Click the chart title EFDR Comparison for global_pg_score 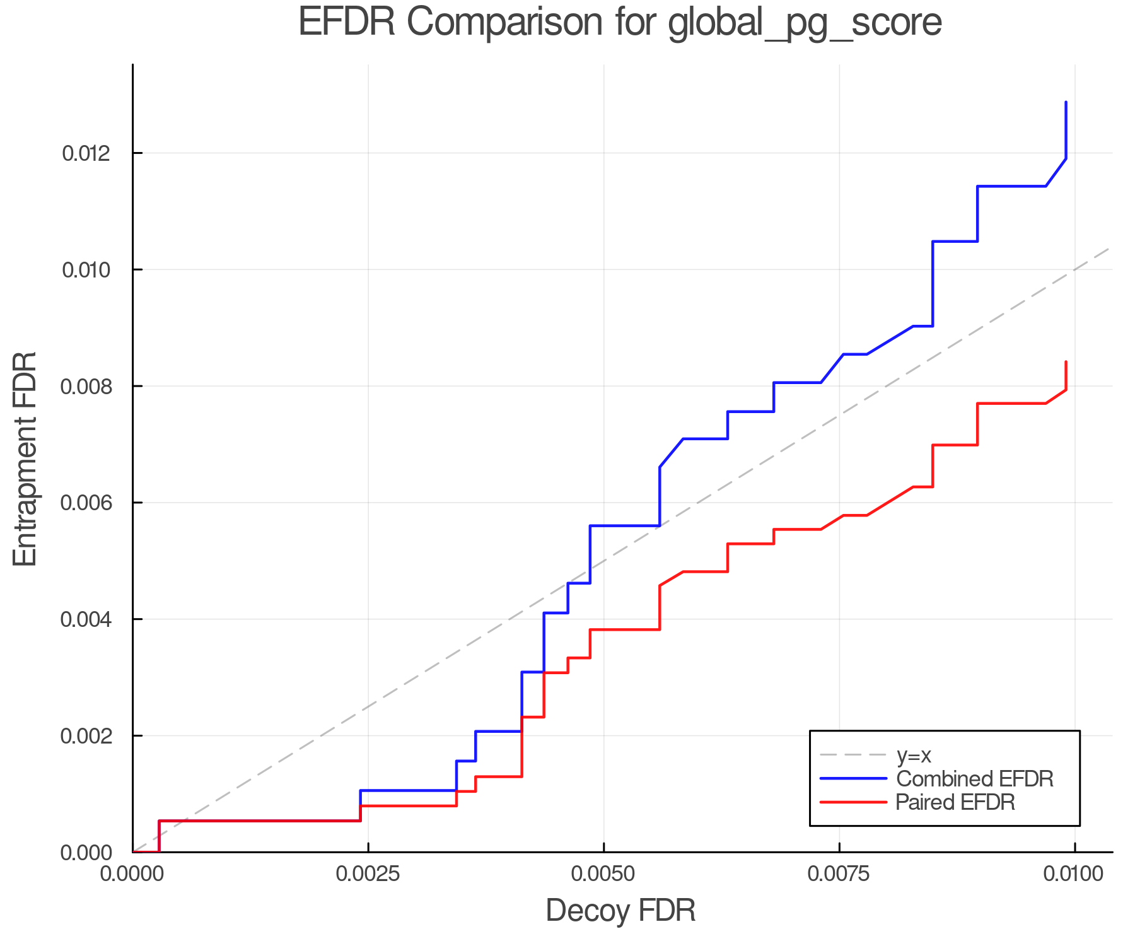point(620,23)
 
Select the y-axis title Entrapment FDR point(26,458)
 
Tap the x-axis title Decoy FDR point(620,910)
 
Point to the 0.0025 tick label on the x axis point(368,873)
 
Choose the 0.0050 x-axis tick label point(604,873)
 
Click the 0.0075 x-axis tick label point(839,873)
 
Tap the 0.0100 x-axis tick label point(1075,873)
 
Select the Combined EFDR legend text point(974,779)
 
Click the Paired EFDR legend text point(955,802)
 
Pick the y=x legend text point(914,755)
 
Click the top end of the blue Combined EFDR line point(1066,102)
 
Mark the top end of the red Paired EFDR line point(1066,362)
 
